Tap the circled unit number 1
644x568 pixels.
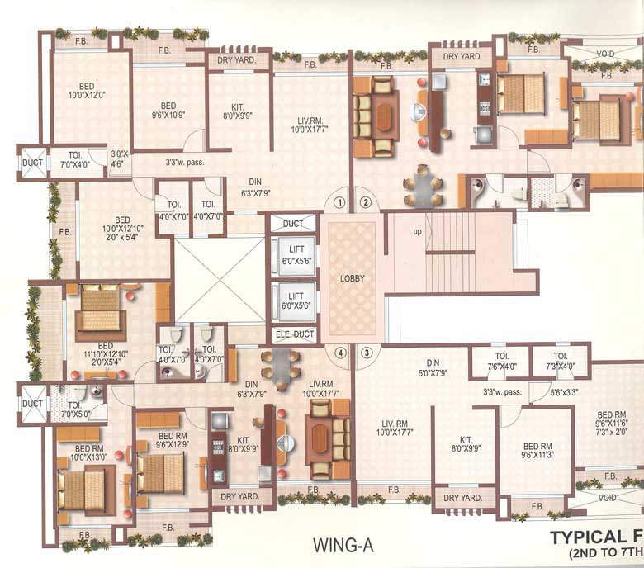[x=339, y=201]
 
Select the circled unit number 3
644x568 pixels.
[x=367, y=353]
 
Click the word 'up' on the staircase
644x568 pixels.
[x=418, y=232]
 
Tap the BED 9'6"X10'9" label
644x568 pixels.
[x=168, y=111]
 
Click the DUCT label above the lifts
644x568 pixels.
[x=293, y=224]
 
